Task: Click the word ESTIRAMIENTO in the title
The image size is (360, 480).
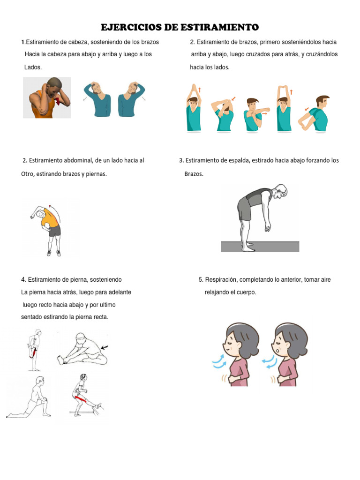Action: (218, 27)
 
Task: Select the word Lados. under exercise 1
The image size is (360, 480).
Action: (33, 67)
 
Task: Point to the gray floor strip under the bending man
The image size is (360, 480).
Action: (260, 247)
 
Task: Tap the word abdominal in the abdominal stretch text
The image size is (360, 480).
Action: (76, 161)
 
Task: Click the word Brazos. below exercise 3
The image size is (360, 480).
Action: (194, 174)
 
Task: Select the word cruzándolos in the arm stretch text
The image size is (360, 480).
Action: (322, 55)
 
